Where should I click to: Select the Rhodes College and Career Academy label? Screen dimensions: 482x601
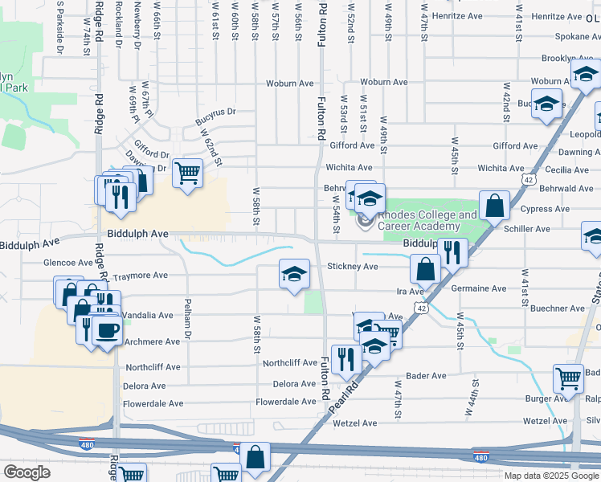(427, 221)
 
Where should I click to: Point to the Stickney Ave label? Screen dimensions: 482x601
(352, 267)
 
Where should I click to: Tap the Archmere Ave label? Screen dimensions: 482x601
(152, 341)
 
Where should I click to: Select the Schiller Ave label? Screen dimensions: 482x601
(526, 229)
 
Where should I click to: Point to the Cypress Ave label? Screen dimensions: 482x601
(545, 209)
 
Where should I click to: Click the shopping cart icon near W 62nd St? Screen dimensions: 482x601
(187, 170)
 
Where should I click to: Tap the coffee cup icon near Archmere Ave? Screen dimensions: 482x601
(108, 329)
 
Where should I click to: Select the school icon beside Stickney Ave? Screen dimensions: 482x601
(294, 273)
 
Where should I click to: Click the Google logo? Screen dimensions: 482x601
(27, 472)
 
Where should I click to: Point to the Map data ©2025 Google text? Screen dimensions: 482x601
(550, 476)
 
